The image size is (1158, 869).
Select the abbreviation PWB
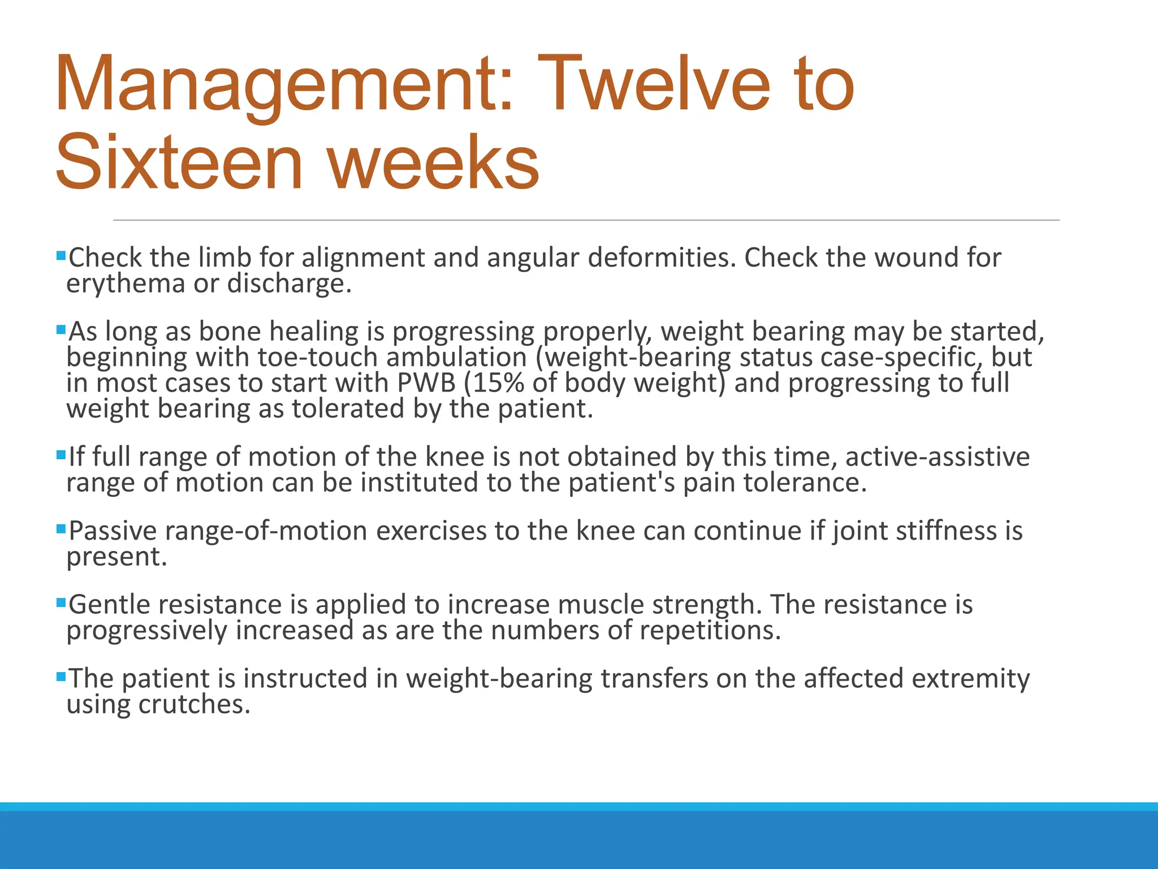pos(426,383)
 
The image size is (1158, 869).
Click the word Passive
pos(113,531)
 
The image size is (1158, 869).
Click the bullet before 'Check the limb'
pos(61,256)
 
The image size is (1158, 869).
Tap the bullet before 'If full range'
pos(61,454)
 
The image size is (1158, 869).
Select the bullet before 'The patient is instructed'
pos(61,676)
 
